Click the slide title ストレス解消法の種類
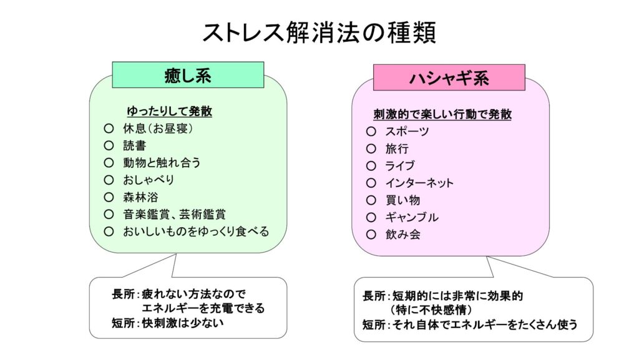[x=319, y=33]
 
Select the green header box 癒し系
[x=188, y=75]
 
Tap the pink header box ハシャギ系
[x=449, y=77]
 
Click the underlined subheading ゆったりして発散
[x=170, y=111]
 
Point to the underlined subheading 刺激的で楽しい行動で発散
[x=442, y=114]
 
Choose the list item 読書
[x=135, y=145]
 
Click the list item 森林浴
[x=140, y=197]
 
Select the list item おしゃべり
[x=149, y=180]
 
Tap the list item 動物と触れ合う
[x=162, y=162]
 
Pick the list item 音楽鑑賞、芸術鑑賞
[x=175, y=214]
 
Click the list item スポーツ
[x=407, y=132]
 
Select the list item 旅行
[x=397, y=148]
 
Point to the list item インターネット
[x=419, y=183]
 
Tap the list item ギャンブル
[x=412, y=217]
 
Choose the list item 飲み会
[x=402, y=235]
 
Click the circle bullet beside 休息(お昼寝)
[x=109, y=129]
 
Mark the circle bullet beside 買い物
[x=371, y=200]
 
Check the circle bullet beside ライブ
[x=371, y=166]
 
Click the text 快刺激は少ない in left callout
[x=183, y=323]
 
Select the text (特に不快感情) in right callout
[x=431, y=310]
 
